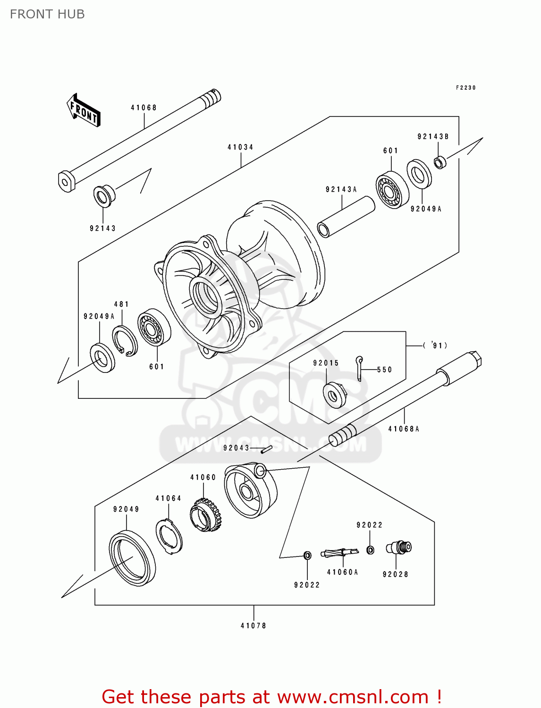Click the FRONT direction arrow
pos(84,110)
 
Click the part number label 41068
pos(144,108)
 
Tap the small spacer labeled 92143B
pos(440,162)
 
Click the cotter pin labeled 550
pos(360,368)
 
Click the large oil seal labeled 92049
pos(132,558)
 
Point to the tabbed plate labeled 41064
pos(169,536)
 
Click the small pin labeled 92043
pos(266,449)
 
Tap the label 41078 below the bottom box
pos(254,625)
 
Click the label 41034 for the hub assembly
pos(240,147)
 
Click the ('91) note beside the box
pos(435,346)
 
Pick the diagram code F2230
pos(465,88)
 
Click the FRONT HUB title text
pos(47,14)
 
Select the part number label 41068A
pos(404,429)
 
